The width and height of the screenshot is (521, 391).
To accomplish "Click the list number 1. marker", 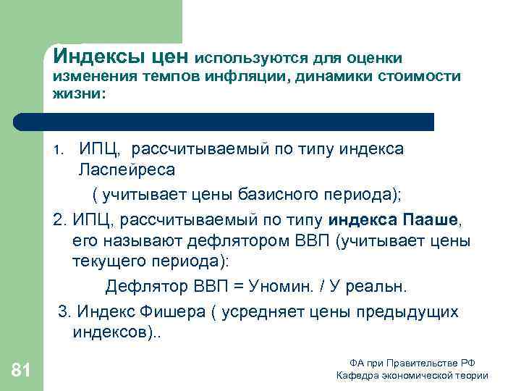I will [60, 151].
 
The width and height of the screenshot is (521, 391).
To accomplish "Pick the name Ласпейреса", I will [127, 171].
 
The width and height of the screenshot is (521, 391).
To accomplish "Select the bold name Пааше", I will [429, 218].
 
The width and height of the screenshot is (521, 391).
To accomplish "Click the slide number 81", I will [22, 371].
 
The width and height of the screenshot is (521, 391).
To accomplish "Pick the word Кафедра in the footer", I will [358, 375].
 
